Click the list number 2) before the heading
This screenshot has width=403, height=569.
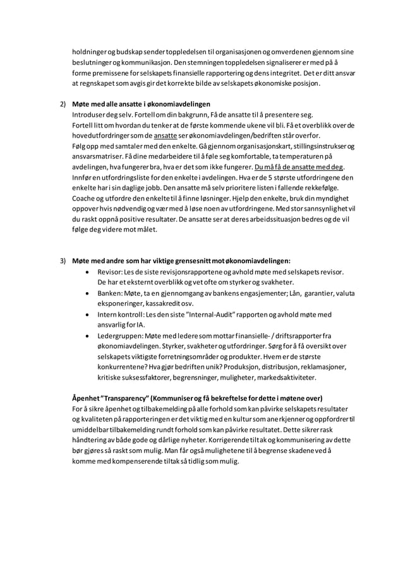(x=63, y=103)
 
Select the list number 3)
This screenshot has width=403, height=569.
(x=63, y=261)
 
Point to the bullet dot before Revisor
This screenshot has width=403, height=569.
(x=87, y=272)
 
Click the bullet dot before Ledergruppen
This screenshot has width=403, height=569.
(x=87, y=336)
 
